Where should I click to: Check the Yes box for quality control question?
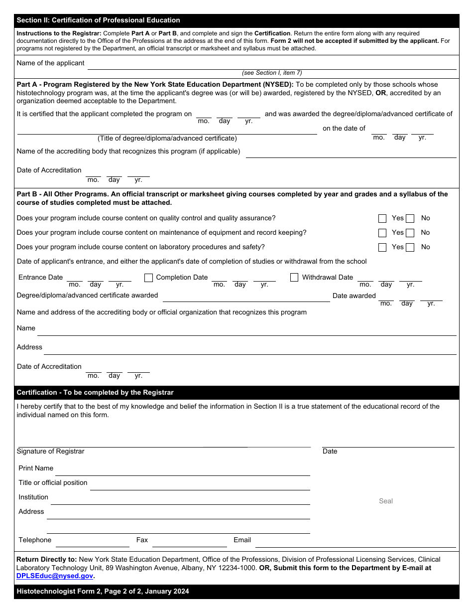coord(382,218)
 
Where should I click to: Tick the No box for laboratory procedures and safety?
coord(410,247)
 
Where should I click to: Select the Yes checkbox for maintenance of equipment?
coord(382,233)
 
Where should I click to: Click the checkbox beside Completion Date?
coord(148,278)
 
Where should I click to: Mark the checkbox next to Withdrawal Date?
coord(294,277)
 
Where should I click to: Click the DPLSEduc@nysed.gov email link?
coord(55,576)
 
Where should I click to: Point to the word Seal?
coord(386,501)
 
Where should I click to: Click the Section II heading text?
coord(99,20)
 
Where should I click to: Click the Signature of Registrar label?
coord(51,451)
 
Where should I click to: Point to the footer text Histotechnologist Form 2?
coord(103,592)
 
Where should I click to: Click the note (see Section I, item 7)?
coord(272,73)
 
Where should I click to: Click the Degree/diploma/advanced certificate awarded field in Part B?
coord(246,297)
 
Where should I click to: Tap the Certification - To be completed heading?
coord(95,392)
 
